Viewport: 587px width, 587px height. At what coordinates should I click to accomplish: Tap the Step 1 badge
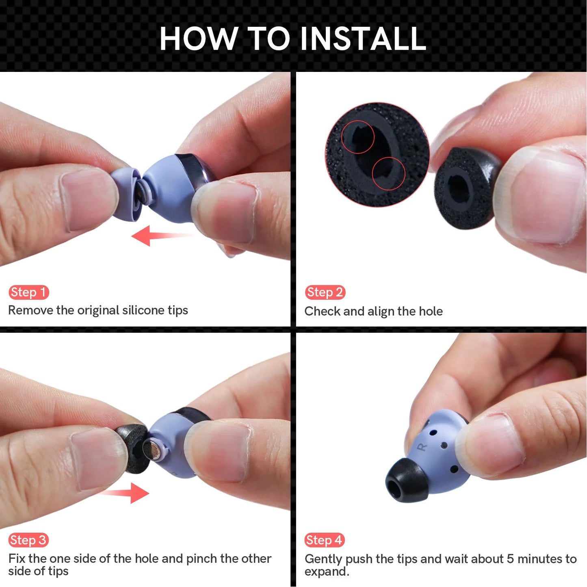[29, 292]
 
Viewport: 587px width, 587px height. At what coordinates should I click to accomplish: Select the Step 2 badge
[325, 292]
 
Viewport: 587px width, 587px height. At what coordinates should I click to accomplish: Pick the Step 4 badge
[325, 540]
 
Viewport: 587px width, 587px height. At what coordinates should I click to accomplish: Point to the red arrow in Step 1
[158, 236]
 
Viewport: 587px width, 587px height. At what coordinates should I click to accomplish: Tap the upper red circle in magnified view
[357, 137]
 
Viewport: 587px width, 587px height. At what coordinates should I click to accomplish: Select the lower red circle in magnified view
[388, 173]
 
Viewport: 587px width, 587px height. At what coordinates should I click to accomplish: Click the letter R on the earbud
[422, 447]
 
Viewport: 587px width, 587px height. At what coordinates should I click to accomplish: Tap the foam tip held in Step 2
[463, 188]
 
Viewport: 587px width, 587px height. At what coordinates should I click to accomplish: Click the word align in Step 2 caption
[381, 312]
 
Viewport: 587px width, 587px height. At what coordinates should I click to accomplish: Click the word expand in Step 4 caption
[325, 572]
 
